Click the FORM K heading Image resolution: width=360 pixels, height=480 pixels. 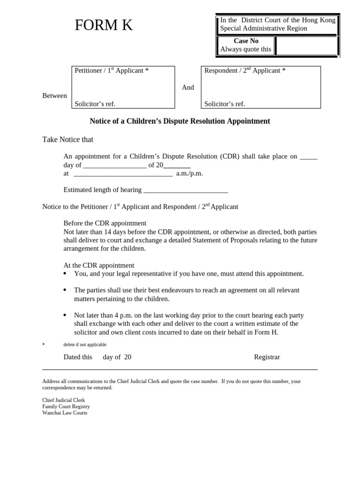(x=104, y=26)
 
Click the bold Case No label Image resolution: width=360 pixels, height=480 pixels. (x=246, y=41)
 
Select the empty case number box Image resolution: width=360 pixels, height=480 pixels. (x=307, y=46)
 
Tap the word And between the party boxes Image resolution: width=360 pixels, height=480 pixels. (x=187, y=88)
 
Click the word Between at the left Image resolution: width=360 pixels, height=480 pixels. (x=55, y=96)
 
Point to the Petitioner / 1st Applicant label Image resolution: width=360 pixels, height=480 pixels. (x=112, y=71)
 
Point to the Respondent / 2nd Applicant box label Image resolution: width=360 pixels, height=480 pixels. (x=245, y=71)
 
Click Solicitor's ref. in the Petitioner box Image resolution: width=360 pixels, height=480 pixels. (x=95, y=104)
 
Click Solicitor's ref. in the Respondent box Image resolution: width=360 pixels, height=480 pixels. (x=225, y=104)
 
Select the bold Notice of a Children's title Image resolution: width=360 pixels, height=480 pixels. (x=180, y=121)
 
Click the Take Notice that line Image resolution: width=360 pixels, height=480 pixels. (x=68, y=140)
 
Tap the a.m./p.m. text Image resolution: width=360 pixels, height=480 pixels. (x=189, y=173)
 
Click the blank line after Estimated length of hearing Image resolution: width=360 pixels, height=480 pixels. (x=186, y=190)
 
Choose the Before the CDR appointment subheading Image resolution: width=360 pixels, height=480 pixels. (x=105, y=223)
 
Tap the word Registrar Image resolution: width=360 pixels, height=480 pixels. (x=267, y=357)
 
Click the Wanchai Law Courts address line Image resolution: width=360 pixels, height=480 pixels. (x=65, y=413)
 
